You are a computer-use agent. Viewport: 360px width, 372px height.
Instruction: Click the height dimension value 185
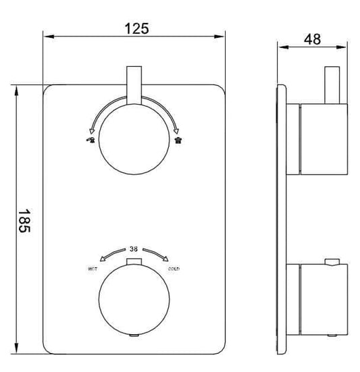click(x=22, y=221)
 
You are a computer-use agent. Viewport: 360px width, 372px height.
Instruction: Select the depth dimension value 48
click(x=313, y=38)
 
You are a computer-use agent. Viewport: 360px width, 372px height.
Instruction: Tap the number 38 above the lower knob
click(x=135, y=248)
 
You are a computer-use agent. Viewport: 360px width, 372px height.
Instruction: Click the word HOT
click(x=93, y=269)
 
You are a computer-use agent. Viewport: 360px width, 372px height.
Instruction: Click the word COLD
click(x=174, y=269)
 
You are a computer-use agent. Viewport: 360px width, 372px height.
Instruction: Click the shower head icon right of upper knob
click(x=178, y=140)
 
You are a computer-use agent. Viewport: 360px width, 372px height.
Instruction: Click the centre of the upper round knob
click(x=134, y=140)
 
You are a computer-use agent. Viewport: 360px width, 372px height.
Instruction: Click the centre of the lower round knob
click(x=134, y=298)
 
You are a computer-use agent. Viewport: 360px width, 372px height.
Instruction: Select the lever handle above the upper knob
click(x=134, y=85)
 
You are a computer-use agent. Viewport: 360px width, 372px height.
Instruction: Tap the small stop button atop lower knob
click(x=134, y=261)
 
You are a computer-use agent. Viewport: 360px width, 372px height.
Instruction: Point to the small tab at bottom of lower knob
click(x=134, y=334)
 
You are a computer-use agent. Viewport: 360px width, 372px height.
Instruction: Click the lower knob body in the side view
click(x=321, y=298)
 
